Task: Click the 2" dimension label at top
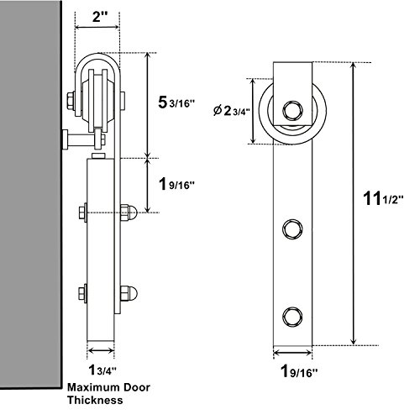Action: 97,18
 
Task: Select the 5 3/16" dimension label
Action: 176,102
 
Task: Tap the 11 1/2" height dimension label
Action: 383,198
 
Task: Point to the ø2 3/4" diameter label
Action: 231,111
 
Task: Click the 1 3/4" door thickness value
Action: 102,370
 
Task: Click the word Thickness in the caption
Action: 95,400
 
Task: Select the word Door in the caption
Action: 137,387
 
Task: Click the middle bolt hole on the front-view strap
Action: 292,229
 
